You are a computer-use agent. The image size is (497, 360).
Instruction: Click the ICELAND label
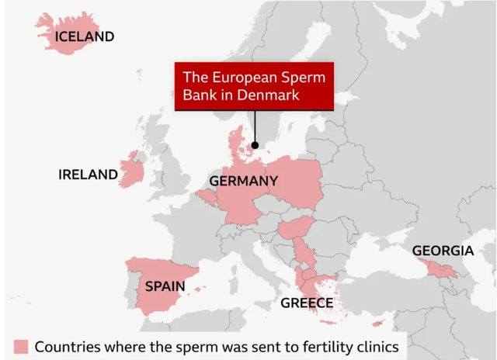(x=84, y=36)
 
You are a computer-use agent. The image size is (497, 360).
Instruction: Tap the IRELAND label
(x=88, y=175)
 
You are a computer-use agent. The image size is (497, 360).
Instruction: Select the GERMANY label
(x=243, y=182)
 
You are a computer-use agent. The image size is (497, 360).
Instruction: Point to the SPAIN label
(x=165, y=286)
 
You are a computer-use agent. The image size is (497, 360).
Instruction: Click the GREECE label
(x=307, y=303)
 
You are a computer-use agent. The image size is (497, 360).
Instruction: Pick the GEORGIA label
(x=443, y=251)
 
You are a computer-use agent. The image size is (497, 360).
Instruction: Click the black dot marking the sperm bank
(x=255, y=144)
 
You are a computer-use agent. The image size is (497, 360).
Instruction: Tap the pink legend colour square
(x=20, y=347)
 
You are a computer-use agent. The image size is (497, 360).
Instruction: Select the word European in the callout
(x=241, y=78)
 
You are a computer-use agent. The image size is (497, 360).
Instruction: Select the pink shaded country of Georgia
(x=443, y=268)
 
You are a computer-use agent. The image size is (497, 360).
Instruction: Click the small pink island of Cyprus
(x=378, y=324)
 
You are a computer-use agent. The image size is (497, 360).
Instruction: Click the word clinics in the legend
(x=377, y=347)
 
